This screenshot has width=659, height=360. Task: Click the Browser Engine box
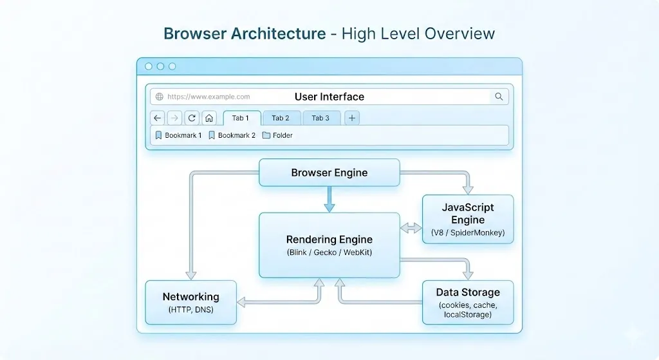329,173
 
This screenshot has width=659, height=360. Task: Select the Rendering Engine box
329,245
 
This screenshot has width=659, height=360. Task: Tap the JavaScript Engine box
467,219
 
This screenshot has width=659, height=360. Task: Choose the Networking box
190,302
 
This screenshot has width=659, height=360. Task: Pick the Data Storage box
467,302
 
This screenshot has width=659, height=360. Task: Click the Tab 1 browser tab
241,118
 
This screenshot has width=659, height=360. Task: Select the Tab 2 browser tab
281,118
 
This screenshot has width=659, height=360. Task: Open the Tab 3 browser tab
320,118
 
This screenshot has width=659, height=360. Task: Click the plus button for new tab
352,118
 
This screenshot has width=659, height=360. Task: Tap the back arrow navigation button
158,118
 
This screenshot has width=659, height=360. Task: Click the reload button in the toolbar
192,118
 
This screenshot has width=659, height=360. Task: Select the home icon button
209,118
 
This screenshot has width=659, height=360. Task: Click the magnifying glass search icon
499,97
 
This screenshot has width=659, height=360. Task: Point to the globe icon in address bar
159,97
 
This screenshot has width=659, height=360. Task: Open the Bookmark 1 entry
178,135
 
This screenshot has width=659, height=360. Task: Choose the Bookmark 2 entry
232,135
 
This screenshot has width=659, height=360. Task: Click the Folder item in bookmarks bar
277,135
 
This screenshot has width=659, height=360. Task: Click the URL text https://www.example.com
209,97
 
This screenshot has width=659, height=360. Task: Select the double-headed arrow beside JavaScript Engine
409,228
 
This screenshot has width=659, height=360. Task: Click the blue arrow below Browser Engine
329,200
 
